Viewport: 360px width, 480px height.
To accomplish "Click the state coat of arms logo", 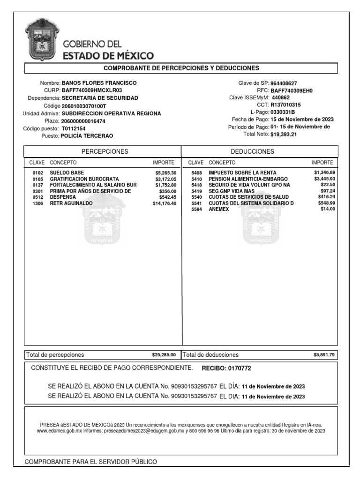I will [x=41, y=40].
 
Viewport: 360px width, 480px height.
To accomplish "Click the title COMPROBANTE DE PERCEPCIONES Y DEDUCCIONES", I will [x=181, y=68].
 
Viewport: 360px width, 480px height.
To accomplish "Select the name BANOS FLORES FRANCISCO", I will [x=103, y=83].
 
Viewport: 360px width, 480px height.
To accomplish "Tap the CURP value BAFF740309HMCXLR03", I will [x=89, y=90].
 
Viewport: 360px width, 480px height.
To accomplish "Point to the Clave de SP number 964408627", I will [x=287, y=83].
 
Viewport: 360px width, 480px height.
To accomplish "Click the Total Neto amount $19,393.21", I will [x=284, y=135].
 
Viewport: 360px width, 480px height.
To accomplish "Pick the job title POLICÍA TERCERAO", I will [x=87, y=136].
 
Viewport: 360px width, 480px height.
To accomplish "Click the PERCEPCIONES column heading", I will [x=105, y=151].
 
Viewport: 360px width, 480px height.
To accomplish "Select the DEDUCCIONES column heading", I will [x=253, y=151].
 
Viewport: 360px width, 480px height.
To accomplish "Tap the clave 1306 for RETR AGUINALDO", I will [x=37, y=203].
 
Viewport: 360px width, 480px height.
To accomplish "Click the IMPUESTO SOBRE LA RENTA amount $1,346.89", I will [x=324, y=173].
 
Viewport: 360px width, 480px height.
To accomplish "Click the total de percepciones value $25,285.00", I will [x=164, y=355].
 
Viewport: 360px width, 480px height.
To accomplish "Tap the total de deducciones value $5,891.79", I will [x=324, y=355].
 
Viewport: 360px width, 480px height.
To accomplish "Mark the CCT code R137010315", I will [x=286, y=105].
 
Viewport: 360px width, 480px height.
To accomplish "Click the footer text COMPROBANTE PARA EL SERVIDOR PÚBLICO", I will [x=91, y=462].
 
